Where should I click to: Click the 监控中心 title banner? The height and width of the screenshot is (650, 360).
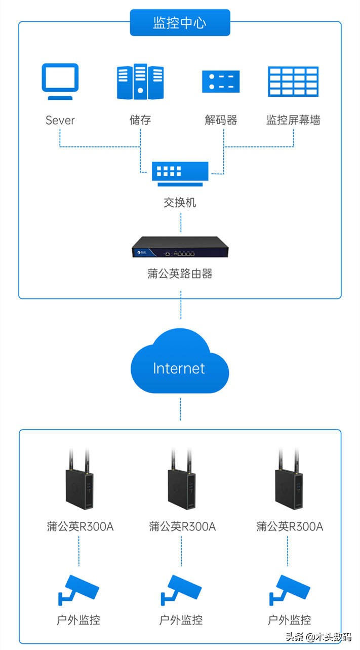tap(180, 23)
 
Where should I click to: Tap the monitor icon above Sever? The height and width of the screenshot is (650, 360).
tap(60, 82)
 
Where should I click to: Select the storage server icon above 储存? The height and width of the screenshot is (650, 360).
tap(140, 81)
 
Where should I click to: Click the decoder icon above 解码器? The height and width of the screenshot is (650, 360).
tap(221, 81)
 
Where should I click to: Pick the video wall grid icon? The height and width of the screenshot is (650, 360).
tap(294, 81)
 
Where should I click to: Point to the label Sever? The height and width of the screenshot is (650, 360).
tap(60, 120)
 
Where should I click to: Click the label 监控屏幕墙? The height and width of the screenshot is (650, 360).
tap(294, 120)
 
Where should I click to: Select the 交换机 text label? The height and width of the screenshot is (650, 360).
tap(180, 203)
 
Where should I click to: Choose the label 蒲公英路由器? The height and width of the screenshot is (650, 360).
tap(180, 274)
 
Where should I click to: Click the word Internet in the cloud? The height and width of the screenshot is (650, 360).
tap(179, 368)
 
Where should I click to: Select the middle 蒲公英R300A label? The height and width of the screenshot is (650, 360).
tap(182, 526)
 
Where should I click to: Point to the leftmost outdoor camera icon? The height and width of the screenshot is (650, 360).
tap(79, 589)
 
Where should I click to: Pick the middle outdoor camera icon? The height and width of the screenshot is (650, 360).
tap(181, 589)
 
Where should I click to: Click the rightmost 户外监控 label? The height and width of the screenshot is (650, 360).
tap(290, 619)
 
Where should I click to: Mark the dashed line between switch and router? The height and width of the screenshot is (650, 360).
tap(180, 222)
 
